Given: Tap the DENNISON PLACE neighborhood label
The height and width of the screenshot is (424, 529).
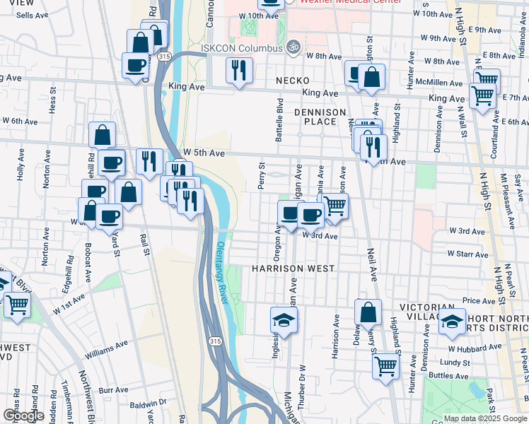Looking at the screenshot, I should pos(320,117).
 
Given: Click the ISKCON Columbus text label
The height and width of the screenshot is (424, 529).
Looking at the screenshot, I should pos(240,48).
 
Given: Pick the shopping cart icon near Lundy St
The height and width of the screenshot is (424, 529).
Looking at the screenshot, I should pos(385,365).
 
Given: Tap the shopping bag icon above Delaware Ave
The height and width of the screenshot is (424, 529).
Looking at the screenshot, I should pos(368,312).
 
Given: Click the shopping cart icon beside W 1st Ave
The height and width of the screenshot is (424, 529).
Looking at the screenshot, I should pos(17,305).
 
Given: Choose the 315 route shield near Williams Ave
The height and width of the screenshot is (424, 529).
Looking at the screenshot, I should pos(214,341).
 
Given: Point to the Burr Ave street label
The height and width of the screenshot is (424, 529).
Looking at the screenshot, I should pos(113,389).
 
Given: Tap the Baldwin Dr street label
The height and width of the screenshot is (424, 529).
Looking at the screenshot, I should pos(152,401).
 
